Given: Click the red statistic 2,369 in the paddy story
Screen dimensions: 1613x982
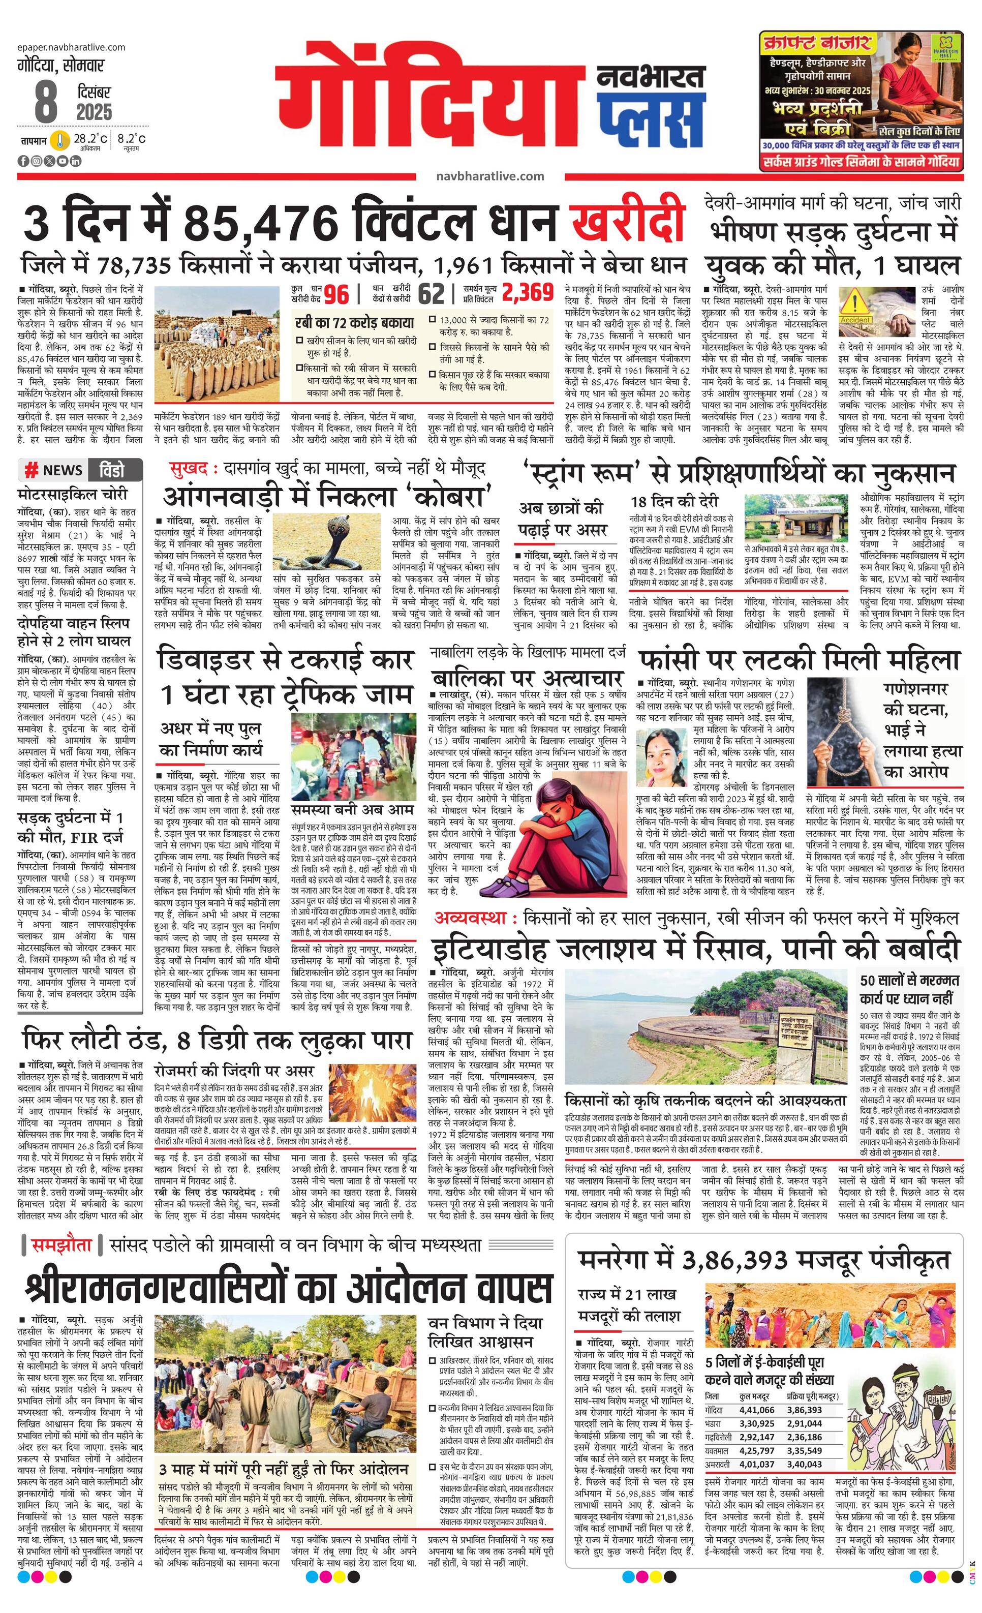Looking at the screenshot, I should coord(527,293).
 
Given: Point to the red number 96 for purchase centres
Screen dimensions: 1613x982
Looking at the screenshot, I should coord(336,294).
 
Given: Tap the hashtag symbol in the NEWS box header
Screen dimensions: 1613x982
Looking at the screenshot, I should coord(30,470).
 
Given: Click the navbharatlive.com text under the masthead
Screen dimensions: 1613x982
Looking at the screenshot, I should coord(489,176).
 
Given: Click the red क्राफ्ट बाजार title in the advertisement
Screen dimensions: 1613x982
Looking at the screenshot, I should coord(816,44).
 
